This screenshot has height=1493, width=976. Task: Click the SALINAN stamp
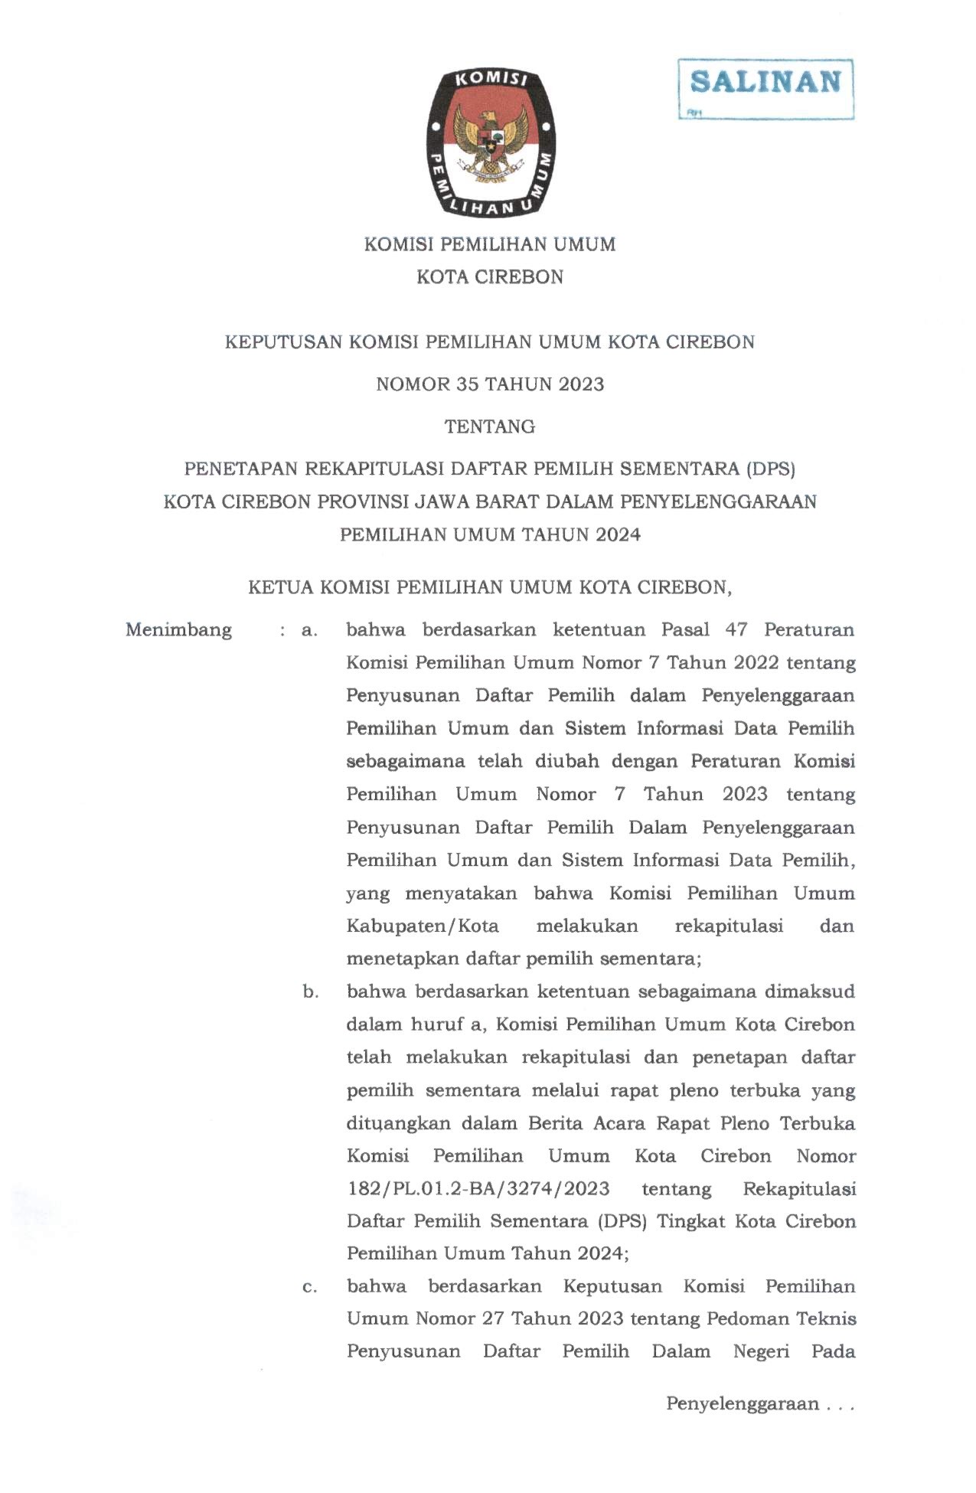tap(765, 83)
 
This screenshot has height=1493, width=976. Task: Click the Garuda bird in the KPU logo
tap(490, 142)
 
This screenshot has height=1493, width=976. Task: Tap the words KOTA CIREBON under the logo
tap(489, 277)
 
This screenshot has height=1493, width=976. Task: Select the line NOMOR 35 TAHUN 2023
tap(489, 384)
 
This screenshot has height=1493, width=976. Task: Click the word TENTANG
tap(489, 426)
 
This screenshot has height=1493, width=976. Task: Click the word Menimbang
tap(178, 630)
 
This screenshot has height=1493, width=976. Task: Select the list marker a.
tap(309, 631)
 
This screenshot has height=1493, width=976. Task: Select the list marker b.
tap(310, 992)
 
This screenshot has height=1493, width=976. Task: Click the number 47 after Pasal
tap(736, 630)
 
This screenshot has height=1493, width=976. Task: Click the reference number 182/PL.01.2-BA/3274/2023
tap(478, 1189)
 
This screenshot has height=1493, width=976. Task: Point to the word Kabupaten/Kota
tap(422, 926)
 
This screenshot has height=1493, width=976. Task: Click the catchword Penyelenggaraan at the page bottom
tap(742, 1404)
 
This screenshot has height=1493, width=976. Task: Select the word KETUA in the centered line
tap(280, 588)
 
